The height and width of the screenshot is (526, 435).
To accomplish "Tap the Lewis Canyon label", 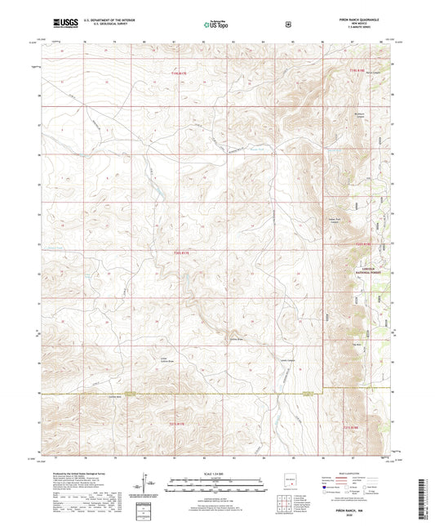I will (286, 359).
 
